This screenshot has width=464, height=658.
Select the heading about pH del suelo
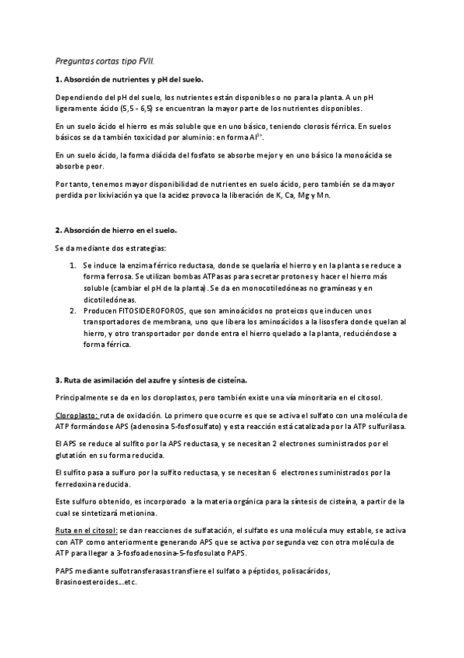pyautogui.click(x=130, y=80)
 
